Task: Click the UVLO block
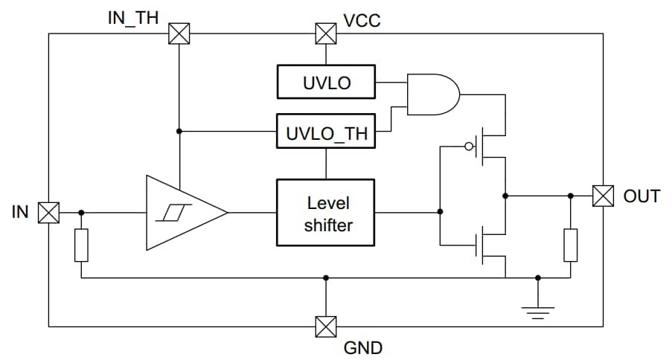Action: click(x=326, y=82)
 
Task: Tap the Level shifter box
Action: click(x=326, y=213)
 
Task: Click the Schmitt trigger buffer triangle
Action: click(x=183, y=213)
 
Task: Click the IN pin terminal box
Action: click(x=48, y=213)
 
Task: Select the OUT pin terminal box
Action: click(x=603, y=196)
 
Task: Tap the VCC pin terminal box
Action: click(x=325, y=33)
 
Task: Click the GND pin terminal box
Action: click(x=325, y=327)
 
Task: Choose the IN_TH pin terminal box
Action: click(x=179, y=33)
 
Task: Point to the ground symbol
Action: click(x=538, y=309)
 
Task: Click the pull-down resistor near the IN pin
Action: click(x=81, y=245)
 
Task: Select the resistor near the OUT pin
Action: click(x=571, y=245)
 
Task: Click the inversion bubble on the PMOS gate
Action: click(x=469, y=147)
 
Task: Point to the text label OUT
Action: click(x=641, y=196)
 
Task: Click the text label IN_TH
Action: click(x=133, y=18)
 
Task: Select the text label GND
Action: click(x=362, y=347)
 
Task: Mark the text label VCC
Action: click(x=362, y=19)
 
